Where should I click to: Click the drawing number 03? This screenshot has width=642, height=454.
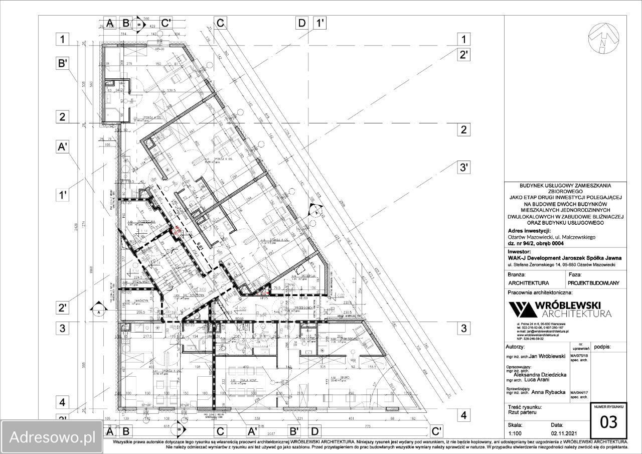608,422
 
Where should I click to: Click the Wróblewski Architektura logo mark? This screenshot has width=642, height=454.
522,310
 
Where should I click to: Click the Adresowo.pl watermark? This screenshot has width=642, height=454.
49,436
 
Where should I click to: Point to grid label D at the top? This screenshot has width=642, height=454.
302,23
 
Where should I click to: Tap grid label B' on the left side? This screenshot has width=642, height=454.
62,64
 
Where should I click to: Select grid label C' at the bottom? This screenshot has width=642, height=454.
436,431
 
